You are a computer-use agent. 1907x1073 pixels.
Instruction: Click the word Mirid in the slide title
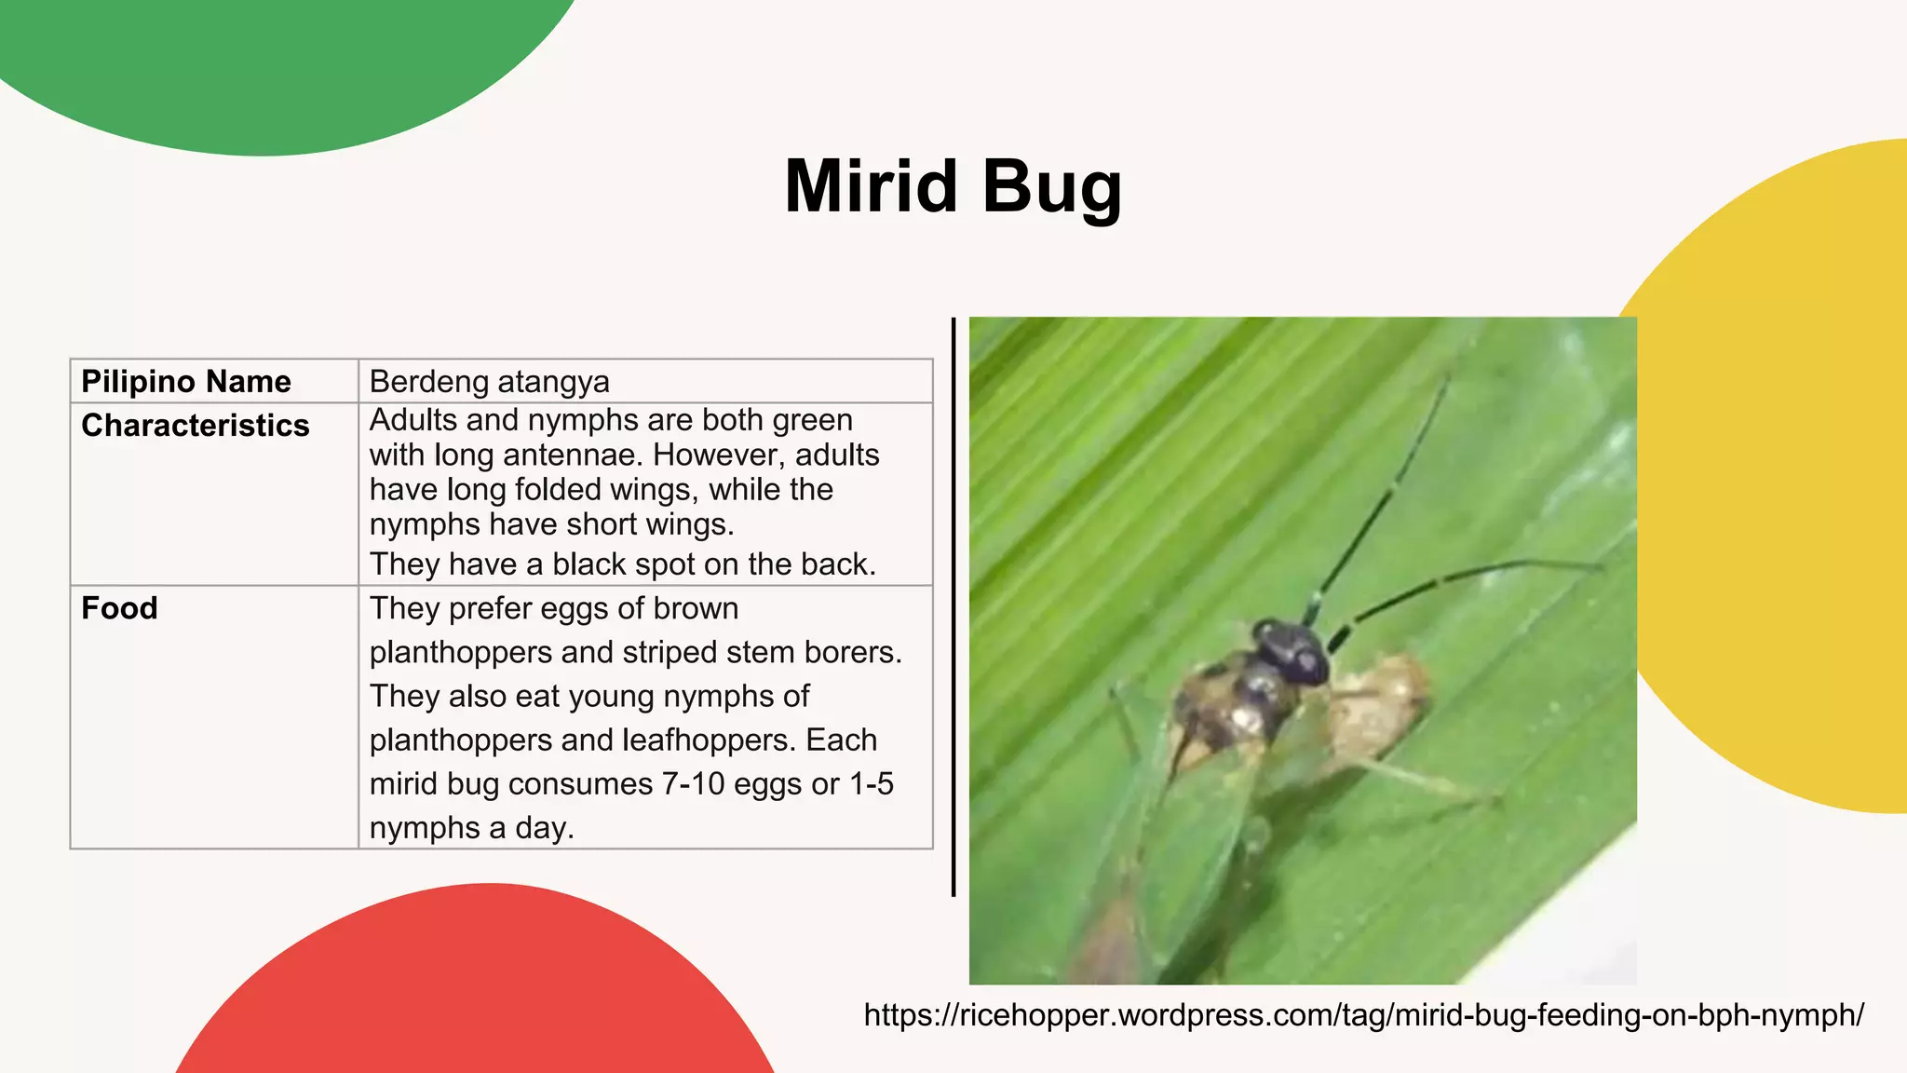tap(871, 186)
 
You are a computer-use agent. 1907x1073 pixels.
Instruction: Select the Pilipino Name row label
tap(186, 382)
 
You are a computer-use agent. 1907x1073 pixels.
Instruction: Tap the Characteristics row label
tap(196, 426)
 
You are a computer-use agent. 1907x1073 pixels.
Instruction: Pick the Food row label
tap(119, 608)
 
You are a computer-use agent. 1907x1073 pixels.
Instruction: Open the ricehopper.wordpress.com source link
tap(1363, 1015)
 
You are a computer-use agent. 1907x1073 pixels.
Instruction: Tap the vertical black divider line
tap(953, 605)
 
